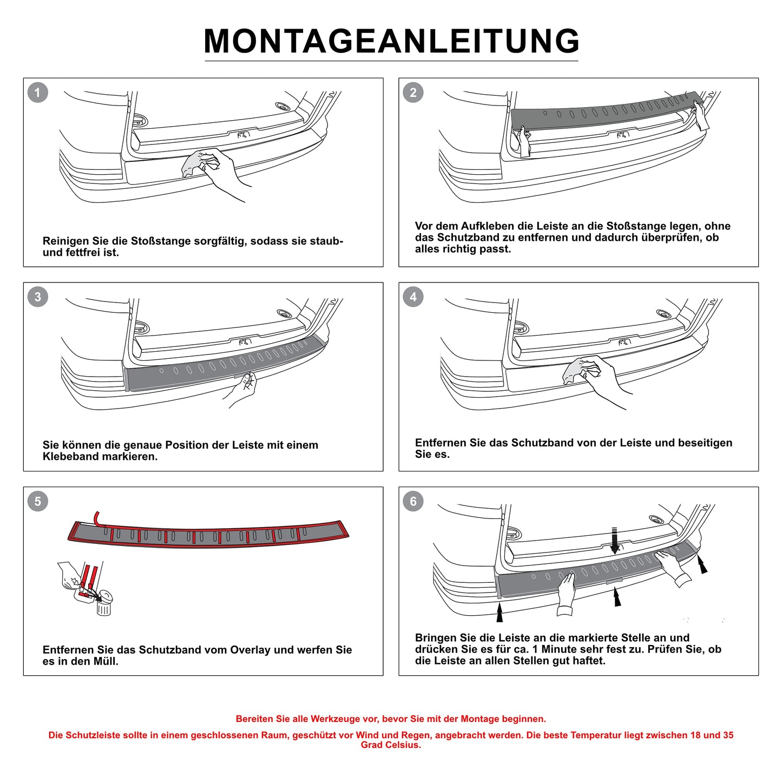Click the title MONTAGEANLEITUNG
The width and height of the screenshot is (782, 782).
click(391, 41)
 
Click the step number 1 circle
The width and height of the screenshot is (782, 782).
click(37, 93)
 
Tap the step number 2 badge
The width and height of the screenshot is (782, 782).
click(413, 93)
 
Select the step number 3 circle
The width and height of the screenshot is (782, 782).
click(37, 297)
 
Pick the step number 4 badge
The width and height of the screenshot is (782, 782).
click(413, 297)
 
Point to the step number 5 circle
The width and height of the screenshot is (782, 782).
click(37, 501)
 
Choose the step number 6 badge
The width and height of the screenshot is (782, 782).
click(413, 501)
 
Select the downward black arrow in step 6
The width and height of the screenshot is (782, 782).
click(614, 540)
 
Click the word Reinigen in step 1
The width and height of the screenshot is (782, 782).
click(64, 241)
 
